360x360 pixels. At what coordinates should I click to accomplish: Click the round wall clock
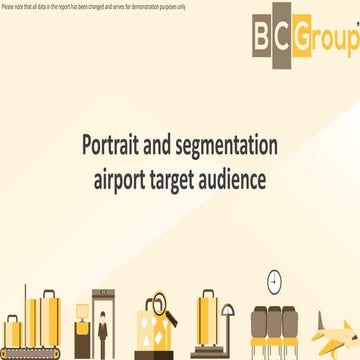[x=275, y=283]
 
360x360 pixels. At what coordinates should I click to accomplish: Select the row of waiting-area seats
[x=274, y=330]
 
